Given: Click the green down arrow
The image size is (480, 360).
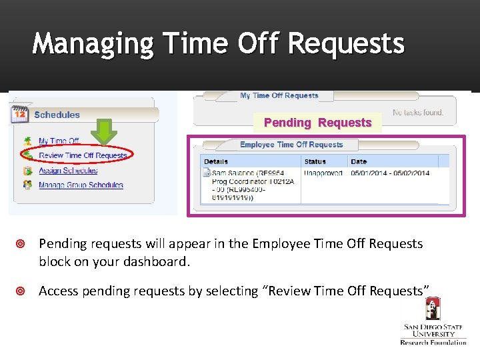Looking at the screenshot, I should (x=103, y=131).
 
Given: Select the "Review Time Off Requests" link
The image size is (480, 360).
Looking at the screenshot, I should (x=83, y=155).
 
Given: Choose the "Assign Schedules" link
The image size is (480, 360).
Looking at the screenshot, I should (x=68, y=171).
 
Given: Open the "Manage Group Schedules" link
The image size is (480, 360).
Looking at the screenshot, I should (x=81, y=185).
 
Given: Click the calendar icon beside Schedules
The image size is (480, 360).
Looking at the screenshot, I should (x=19, y=114).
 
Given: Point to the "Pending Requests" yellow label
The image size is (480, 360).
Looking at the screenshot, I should (x=317, y=123).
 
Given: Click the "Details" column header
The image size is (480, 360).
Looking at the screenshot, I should (x=216, y=161).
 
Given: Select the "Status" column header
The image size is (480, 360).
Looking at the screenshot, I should (x=315, y=161).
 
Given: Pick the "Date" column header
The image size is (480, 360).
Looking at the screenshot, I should (x=359, y=161).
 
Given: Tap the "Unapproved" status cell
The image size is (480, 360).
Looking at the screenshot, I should (x=323, y=173).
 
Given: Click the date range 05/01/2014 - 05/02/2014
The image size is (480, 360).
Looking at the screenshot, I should (x=390, y=173).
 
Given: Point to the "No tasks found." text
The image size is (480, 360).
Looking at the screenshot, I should (x=418, y=113).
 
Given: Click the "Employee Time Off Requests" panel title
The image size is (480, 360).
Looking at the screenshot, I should (x=291, y=145).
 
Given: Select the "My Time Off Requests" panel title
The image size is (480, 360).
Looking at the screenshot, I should (x=279, y=96).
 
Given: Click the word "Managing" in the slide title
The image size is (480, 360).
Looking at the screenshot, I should (x=93, y=44).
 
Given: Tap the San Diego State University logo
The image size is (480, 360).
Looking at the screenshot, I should (x=433, y=320).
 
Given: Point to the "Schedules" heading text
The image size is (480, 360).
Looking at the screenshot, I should (x=57, y=115).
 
